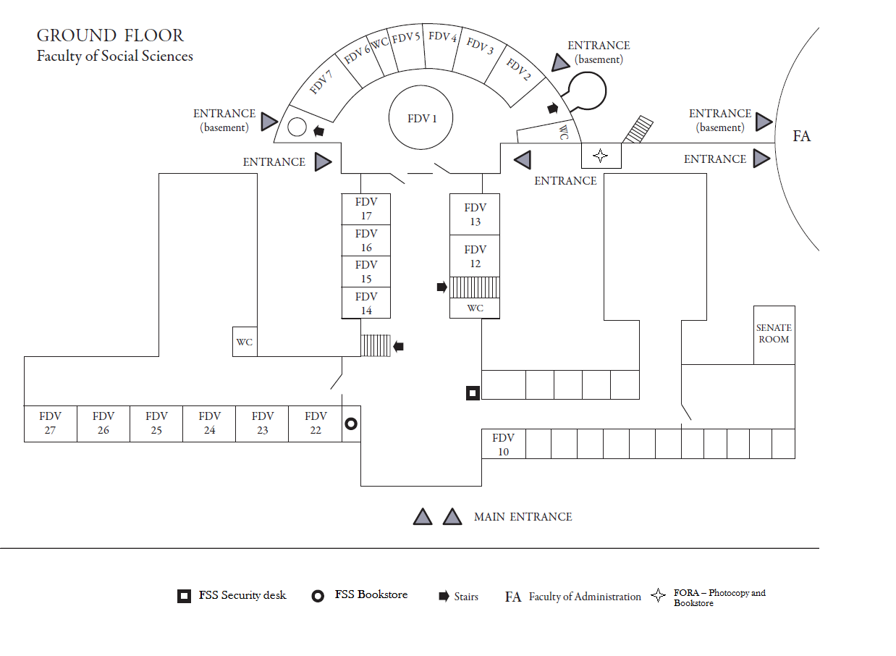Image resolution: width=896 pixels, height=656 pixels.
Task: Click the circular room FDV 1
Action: click(421, 119)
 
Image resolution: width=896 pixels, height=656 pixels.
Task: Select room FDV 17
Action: click(366, 209)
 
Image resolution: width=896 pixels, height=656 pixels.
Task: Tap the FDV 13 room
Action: click(475, 214)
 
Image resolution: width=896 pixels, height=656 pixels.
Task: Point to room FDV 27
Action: click(50, 424)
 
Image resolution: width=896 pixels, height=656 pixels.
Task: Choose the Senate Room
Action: click(774, 335)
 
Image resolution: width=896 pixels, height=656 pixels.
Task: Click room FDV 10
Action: click(503, 444)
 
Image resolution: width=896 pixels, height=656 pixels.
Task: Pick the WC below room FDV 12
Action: click(475, 308)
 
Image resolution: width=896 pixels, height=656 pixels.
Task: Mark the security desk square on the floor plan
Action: click(473, 393)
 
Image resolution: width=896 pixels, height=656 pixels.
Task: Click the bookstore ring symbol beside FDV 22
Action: click(351, 424)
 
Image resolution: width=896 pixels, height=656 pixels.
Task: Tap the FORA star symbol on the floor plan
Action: click(600, 156)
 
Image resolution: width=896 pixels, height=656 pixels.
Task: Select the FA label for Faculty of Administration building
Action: click(801, 136)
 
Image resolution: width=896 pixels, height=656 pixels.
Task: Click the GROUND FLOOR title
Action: click(110, 35)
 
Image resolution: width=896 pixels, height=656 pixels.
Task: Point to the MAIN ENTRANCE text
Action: click(523, 517)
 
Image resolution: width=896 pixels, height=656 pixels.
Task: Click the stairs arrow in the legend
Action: click(444, 597)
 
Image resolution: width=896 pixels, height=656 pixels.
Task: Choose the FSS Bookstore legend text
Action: click(371, 595)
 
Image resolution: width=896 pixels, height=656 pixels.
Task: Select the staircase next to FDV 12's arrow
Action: click(475, 287)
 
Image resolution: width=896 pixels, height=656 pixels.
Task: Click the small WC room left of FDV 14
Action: click(245, 342)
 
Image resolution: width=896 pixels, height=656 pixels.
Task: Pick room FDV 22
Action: click(315, 424)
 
